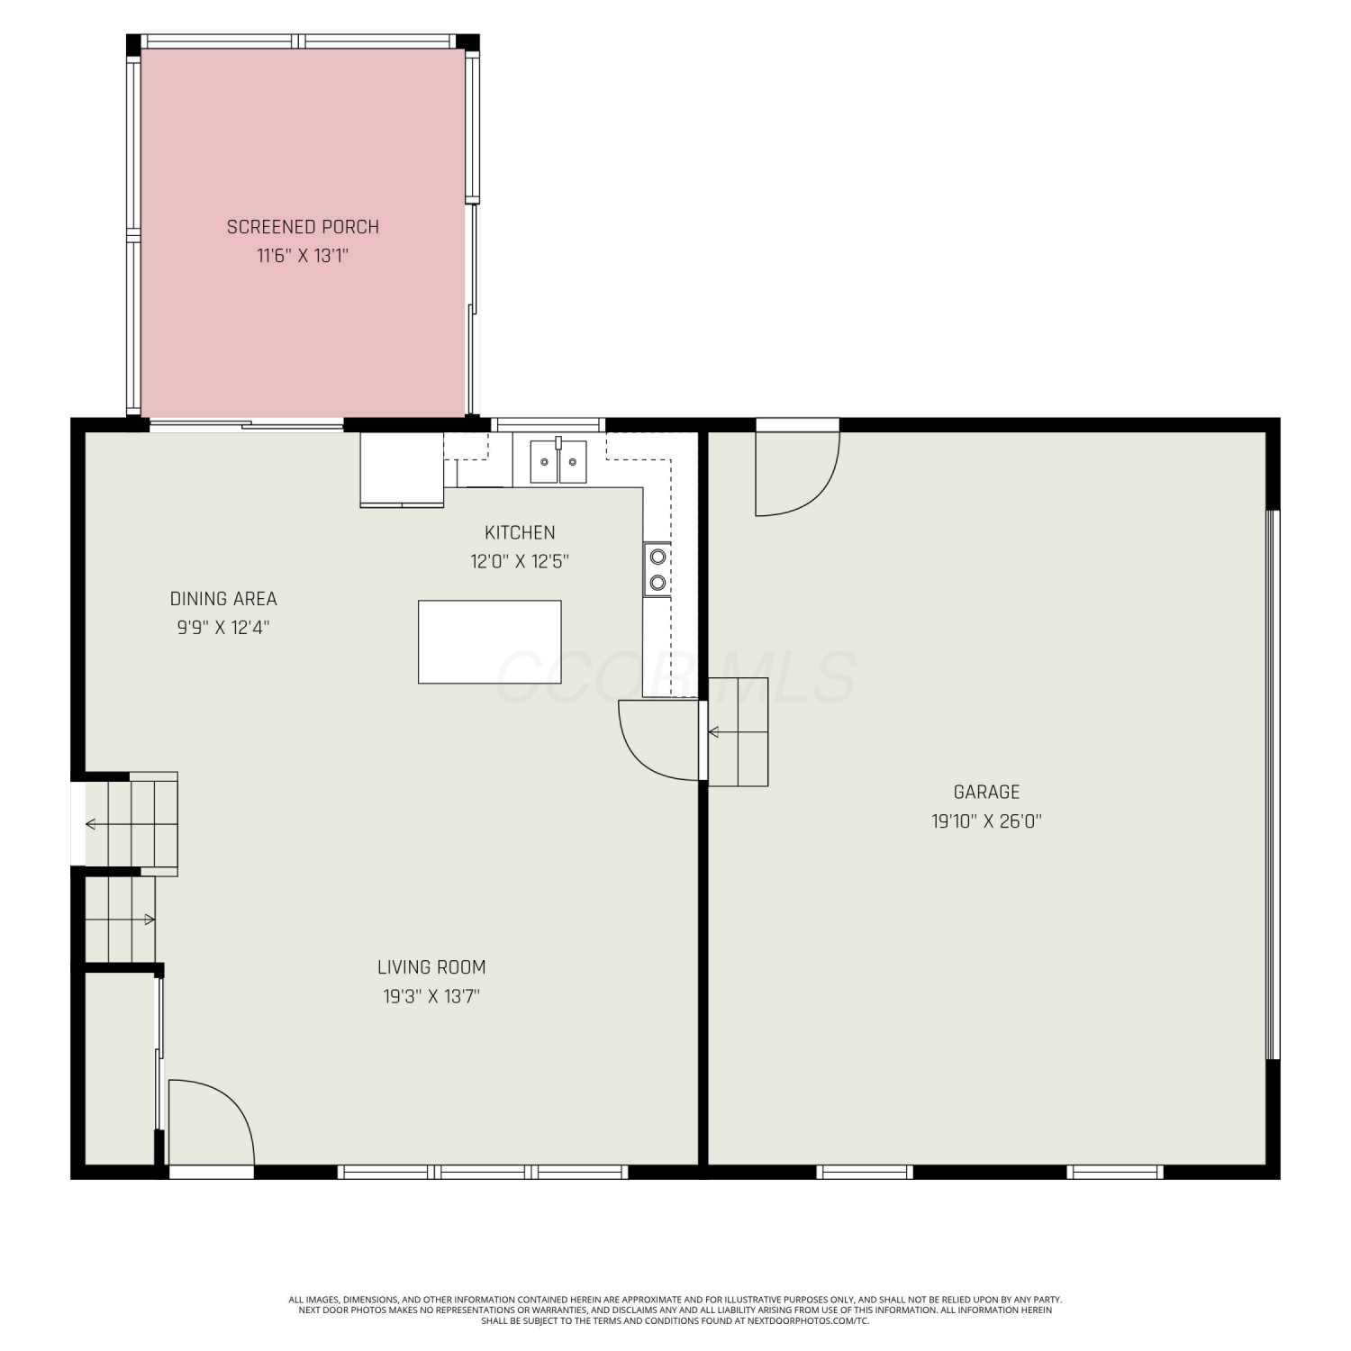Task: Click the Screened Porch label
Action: pos(303,227)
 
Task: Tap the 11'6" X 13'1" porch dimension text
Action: pos(303,256)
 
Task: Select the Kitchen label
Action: pos(520,532)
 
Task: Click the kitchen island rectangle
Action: pos(490,642)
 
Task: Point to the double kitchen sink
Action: pos(558,461)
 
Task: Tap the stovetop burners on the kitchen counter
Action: pos(657,569)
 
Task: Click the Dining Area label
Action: pos(223,599)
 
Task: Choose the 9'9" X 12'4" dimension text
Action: pos(223,628)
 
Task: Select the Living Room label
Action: pos(431,967)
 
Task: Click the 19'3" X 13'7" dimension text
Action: pos(431,996)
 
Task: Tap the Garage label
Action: pos(987,793)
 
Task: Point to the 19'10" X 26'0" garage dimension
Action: pos(987,821)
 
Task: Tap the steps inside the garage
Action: pos(739,731)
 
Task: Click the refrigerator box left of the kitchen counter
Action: pos(402,469)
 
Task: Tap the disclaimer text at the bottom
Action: pos(675,1310)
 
